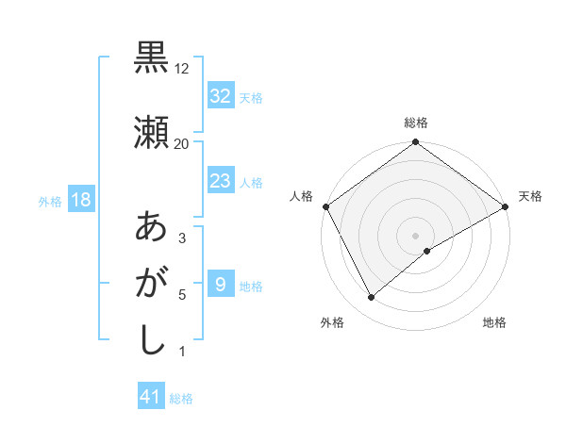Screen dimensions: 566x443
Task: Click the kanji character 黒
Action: (x=151, y=59)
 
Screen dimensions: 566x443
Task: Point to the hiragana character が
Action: (x=151, y=284)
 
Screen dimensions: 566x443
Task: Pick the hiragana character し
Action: (x=151, y=340)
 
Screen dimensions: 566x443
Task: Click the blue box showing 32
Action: (x=220, y=96)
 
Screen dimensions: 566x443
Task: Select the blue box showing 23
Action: (x=220, y=181)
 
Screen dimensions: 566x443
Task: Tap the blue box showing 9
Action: (x=220, y=285)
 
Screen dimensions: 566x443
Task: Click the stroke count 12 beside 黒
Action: (x=182, y=69)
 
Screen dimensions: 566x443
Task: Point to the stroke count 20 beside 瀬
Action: (x=182, y=144)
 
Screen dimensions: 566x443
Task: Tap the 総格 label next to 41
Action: (x=181, y=399)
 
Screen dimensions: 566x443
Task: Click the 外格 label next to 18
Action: (x=49, y=202)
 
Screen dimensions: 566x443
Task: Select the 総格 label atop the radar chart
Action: (x=416, y=123)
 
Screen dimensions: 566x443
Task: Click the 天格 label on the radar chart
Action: (x=531, y=196)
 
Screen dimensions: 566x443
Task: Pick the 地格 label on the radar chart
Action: (x=494, y=322)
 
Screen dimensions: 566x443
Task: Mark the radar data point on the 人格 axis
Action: (x=325, y=205)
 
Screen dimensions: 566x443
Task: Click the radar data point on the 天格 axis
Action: (x=506, y=205)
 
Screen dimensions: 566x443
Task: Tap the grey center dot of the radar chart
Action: (x=416, y=235)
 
